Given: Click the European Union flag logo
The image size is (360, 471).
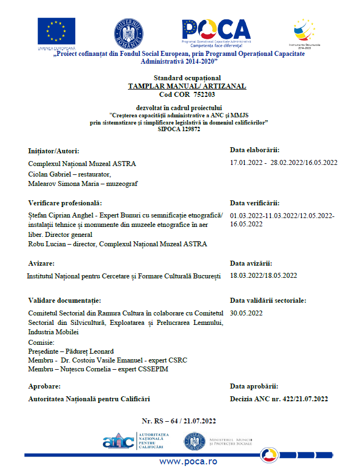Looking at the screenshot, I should tap(56, 32).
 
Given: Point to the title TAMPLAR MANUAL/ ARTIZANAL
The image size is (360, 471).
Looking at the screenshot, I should tap(187, 86).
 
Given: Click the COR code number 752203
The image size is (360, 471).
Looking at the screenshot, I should tap(204, 95).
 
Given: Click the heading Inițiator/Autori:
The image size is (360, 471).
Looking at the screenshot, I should tap(54, 151).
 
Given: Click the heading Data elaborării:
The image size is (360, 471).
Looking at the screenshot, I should tap(254, 150).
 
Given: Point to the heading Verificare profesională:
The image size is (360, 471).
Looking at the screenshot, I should tap(65, 203).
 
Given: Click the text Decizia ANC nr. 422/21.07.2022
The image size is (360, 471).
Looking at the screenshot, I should tap(279, 398).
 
